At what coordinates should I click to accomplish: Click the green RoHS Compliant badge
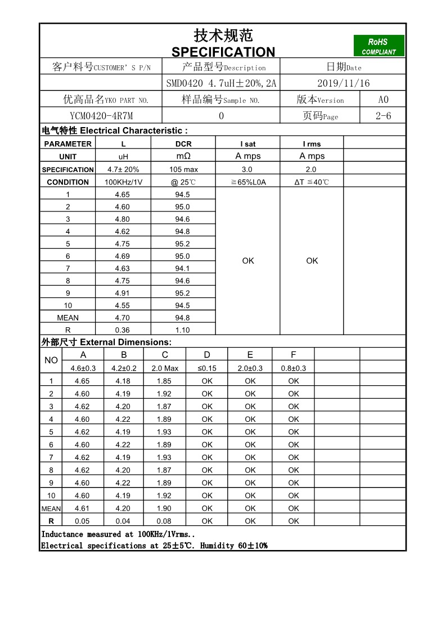(379, 46)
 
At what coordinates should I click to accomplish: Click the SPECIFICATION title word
(223, 52)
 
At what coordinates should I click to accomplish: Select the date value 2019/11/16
(343, 83)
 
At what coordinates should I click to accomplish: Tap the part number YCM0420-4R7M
(101, 116)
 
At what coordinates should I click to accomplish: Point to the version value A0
(383, 100)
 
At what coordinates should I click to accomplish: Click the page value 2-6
(383, 116)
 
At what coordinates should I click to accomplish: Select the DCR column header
(183, 144)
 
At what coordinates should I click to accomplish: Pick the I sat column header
(247, 144)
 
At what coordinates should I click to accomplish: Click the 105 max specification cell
(183, 169)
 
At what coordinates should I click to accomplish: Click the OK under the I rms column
(312, 261)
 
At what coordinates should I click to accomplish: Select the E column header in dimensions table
(250, 355)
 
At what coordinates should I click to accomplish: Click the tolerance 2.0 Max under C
(165, 368)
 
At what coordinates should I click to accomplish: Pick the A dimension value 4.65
(82, 381)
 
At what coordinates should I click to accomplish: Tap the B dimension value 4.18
(123, 381)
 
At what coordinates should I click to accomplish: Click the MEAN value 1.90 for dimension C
(164, 508)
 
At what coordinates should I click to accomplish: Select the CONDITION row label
(68, 182)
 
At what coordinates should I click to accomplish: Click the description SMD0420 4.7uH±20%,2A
(221, 83)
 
